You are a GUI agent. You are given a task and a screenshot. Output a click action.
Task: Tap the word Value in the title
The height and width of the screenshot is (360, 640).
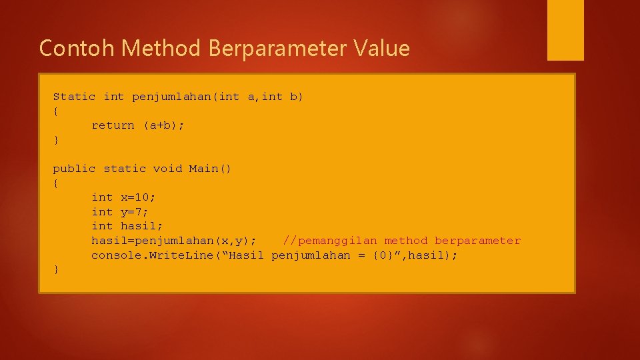pos(382,48)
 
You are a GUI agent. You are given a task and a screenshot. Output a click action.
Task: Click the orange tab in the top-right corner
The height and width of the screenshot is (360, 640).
pos(565,30)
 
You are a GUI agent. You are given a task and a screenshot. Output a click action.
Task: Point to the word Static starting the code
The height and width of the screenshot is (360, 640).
pos(74,97)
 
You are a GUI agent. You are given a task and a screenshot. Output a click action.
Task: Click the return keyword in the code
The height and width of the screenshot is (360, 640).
pos(113,125)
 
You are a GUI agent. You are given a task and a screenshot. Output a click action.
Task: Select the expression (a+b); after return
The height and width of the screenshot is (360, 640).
pos(164,125)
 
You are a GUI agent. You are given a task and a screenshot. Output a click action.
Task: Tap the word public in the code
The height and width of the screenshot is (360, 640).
pos(74,169)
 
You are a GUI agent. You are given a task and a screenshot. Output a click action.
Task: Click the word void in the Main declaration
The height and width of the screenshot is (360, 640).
pos(167,169)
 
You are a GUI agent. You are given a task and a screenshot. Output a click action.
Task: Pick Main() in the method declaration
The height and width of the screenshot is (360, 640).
pos(210,169)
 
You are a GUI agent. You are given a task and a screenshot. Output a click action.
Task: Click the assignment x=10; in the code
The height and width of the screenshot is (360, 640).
pos(139,197)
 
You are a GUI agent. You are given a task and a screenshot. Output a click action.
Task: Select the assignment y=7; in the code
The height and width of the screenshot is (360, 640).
pos(135,212)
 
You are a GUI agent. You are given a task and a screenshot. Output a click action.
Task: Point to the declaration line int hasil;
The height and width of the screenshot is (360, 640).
pos(127,226)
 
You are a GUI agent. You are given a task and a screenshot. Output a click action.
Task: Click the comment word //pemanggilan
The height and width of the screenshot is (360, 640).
pos(330,241)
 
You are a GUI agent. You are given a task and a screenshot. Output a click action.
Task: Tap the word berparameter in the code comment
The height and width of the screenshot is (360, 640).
pos(477,241)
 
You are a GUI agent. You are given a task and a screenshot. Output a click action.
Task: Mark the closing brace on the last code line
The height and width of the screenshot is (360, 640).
pos(56,269)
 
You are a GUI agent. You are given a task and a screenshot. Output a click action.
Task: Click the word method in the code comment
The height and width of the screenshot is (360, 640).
pos(406,241)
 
